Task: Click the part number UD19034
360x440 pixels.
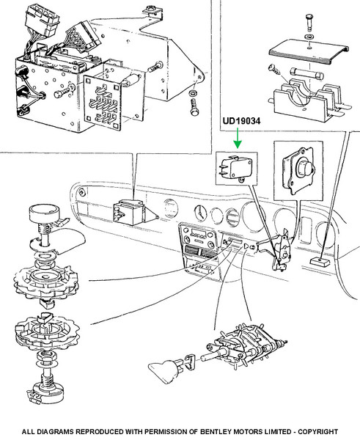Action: pyautogui.click(x=242, y=121)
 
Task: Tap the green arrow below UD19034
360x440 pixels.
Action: pyautogui.click(x=238, y=138)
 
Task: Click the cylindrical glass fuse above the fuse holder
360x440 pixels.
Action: pyautogui.click(x=307, y=74)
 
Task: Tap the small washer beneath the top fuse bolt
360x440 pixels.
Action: pyautogui.click(x=309, y=37)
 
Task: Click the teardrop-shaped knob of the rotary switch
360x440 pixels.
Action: pyautogui.click(x=164, y=371)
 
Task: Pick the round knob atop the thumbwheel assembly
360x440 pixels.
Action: pyautogui.click(x=44, y=213)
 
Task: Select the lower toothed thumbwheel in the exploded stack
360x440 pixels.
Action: pyautogui.click(x=47, y=333)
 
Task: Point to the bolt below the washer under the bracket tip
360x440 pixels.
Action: pyautogui.click(x=194, y=107)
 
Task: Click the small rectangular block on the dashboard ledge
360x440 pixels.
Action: pyautogui.click(x=320, y=262)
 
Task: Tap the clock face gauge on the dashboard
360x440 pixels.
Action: pyautogui.click(x=200, y=213)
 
